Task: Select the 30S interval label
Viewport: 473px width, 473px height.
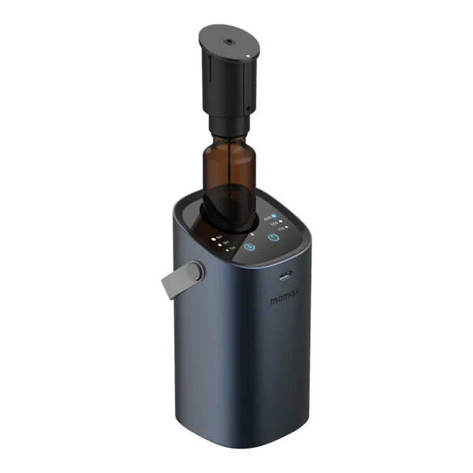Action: (x=273, y=224)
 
